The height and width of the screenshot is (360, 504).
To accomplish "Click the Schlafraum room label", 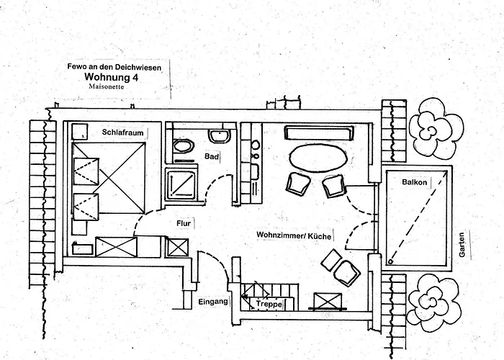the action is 122,132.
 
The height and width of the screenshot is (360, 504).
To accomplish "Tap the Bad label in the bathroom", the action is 211,156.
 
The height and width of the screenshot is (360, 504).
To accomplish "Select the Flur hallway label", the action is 184,223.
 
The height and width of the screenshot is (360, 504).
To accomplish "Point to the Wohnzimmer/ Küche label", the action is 294,235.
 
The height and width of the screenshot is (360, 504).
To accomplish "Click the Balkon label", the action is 414,182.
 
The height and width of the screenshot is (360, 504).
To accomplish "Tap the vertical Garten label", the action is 462,245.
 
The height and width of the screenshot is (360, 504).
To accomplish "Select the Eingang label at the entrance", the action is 213,302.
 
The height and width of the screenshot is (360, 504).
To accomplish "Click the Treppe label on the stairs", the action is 269,304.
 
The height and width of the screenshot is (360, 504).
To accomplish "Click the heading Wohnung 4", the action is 111,77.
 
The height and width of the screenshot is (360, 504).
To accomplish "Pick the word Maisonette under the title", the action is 107,86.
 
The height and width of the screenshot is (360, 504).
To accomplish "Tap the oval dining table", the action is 318,158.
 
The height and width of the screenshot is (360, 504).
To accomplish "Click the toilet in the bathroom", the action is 183,146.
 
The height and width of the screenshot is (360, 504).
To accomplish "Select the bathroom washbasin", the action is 220,135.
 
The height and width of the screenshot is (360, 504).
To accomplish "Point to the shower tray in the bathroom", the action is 181,184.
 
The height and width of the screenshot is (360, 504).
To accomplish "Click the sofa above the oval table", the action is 319,132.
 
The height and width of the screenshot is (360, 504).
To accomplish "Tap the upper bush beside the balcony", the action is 436,129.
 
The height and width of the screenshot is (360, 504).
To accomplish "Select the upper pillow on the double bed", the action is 86,171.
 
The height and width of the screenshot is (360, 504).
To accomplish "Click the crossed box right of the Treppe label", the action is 328,301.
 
